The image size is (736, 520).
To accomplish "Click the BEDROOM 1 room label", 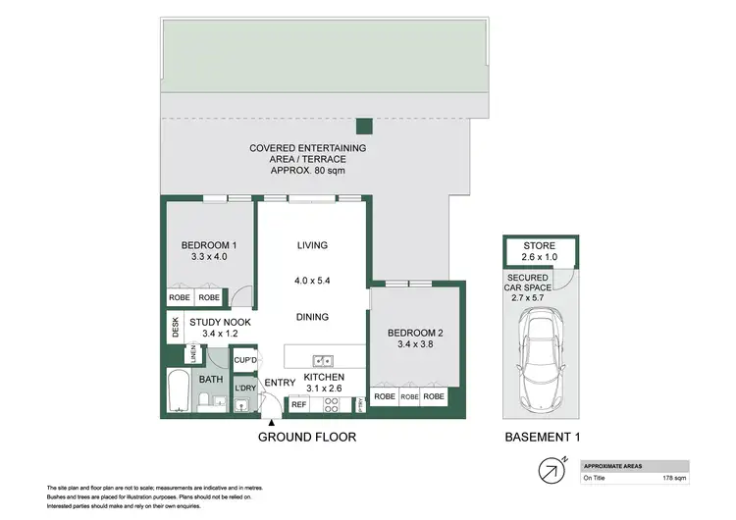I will pyautogui.click(x=209, y=245).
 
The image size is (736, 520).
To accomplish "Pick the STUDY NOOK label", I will pyautogui.click(x=220, y=322).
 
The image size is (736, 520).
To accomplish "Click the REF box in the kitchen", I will pyautogui.click(x=298, y=403).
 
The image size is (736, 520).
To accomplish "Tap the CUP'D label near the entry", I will pyautogui.click(x=245, y=360).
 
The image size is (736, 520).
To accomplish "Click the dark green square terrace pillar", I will pyautogui.click(x=364, y=125).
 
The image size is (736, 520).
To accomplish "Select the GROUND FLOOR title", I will pyautogui.click(x=306, y=437).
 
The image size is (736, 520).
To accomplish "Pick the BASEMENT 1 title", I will pyautogui.click(x=538, y=437).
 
